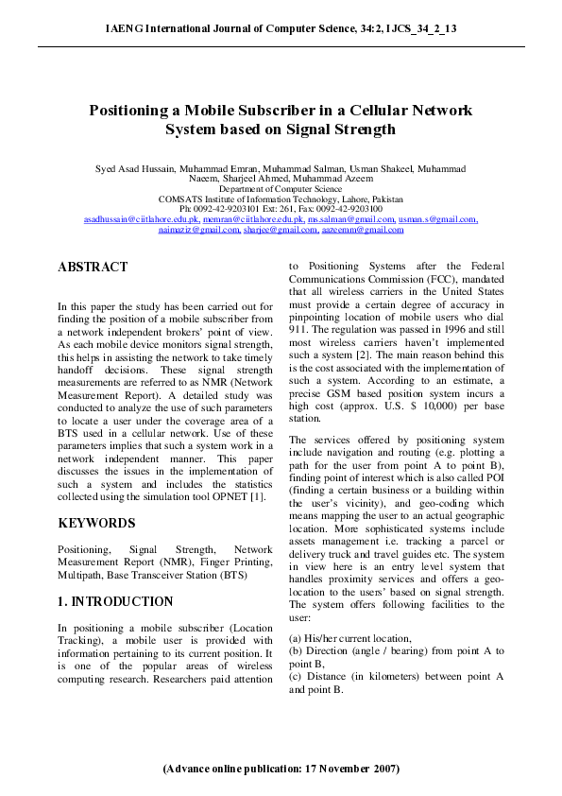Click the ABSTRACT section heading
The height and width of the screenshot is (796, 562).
click(x=93, y=268)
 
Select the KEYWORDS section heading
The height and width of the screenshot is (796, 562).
click(x=96, y=523)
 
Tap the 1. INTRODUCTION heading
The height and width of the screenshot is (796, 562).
click(x=115, y=601)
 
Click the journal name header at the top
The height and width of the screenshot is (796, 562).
click(x=281, y=29)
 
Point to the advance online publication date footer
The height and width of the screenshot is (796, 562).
click(x=281, y=770)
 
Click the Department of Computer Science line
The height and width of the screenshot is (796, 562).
click(x=281, y=189)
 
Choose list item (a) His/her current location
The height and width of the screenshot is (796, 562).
click(x=354, y=638)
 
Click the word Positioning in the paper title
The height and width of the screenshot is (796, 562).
click(x=138, y=111)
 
